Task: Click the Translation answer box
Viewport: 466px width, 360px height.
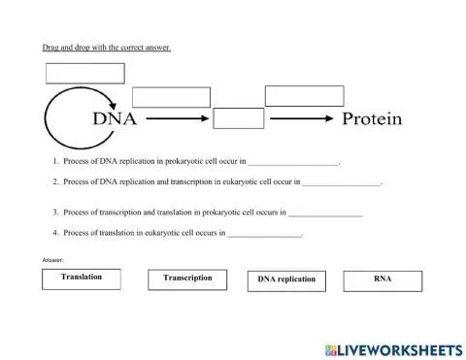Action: point(82,279)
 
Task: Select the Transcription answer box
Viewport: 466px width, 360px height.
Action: point(187,279)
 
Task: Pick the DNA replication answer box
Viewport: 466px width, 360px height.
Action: point(286,280)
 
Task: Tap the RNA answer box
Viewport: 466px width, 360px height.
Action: point(383,280)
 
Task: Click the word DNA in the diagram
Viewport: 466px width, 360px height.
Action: point(114,119)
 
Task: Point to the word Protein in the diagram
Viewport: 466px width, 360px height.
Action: point(372,119)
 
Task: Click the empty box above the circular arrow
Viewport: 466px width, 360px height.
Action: point(85,73)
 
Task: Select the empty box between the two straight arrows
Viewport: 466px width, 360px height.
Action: point(238,118)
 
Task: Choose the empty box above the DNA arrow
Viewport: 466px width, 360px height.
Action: point(171,97)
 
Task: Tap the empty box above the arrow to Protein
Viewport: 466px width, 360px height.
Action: point(304,95)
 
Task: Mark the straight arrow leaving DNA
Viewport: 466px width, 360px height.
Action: point(177,119)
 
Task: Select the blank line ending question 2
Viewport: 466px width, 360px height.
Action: point(342,182)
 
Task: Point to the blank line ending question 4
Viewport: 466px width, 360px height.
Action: point(264,234)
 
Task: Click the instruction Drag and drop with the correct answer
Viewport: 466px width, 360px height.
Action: point(106,48)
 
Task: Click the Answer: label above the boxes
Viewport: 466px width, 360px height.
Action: point(53,260)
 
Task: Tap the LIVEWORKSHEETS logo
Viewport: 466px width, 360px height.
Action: point(393,348)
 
